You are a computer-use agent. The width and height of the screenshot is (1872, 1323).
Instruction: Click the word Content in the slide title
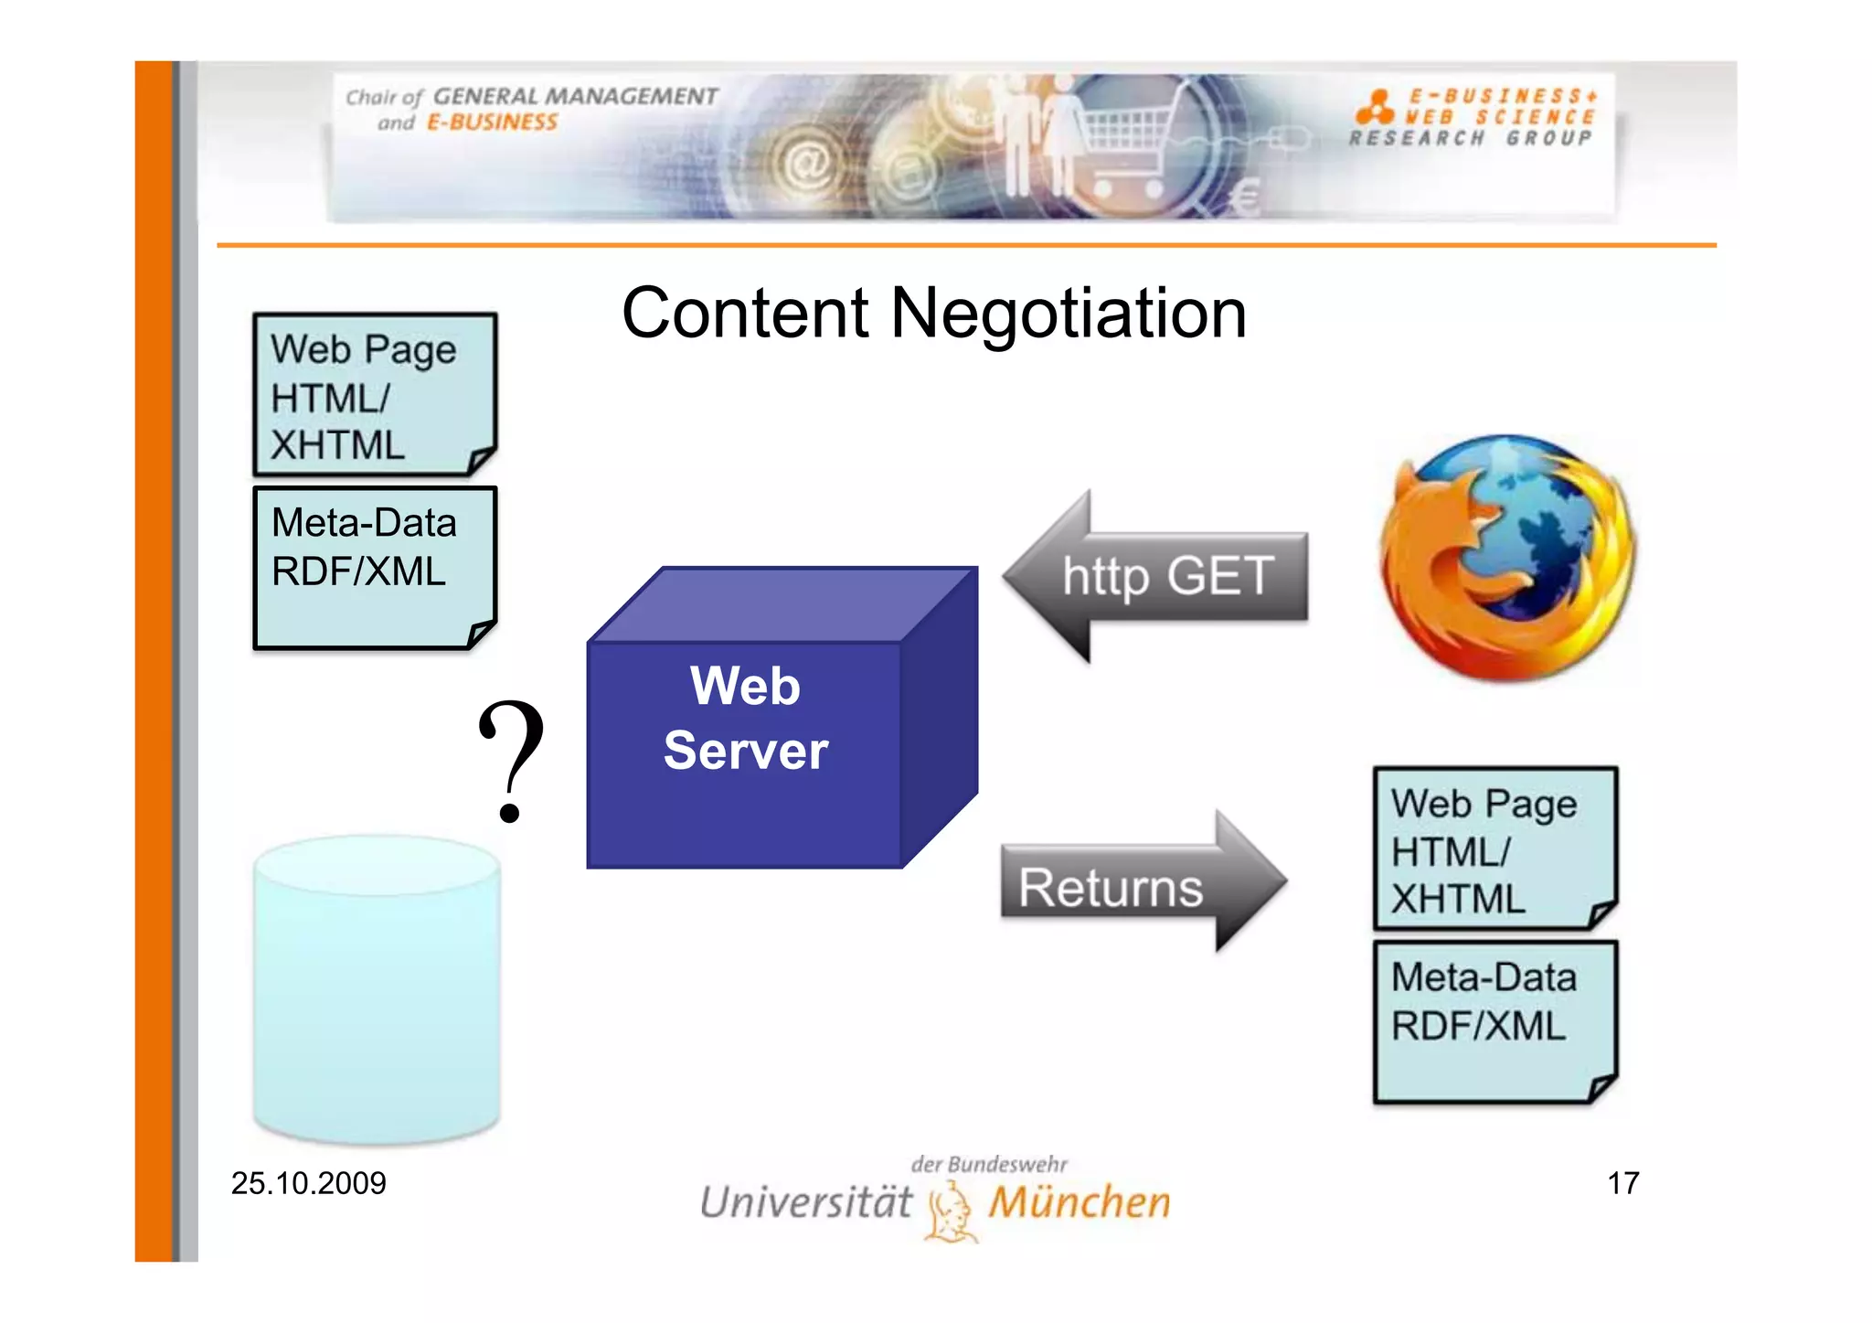click(x=745, y=314)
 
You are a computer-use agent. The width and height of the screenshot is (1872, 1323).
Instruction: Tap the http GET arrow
click(x=1156, y=577)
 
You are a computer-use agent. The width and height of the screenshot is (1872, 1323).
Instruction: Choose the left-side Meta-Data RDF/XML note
click(x=375, y=568)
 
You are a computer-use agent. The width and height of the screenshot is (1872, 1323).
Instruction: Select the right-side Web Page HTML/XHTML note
click(x=1495, y=848)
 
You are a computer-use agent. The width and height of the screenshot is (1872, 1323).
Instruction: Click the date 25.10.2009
click(x=309, y=1183)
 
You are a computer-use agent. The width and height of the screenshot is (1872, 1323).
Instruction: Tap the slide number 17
click(x=1622, y=1183)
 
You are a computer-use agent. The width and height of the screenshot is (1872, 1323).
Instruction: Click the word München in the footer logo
click(x=1080, y=1203)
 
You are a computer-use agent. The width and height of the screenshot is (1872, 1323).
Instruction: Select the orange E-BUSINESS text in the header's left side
click(x=492, y=123)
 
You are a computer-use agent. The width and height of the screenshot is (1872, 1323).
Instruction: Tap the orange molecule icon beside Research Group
click(x=1374, y=107)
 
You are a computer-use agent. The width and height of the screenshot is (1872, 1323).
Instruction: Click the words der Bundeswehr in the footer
click(x=989, y=1164)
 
